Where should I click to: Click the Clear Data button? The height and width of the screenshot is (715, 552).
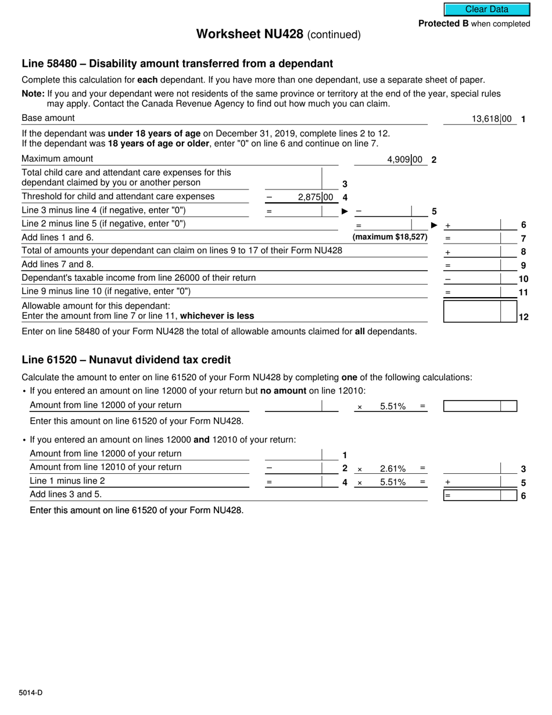(x=487, y=9)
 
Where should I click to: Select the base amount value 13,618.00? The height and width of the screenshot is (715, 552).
(x=492, y=119)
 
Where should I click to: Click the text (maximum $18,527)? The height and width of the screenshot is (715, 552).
(x=390, y=237)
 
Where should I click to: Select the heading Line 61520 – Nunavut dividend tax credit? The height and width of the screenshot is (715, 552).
(x=126, y=360)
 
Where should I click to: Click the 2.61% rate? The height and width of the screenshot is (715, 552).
(x=393, y=469)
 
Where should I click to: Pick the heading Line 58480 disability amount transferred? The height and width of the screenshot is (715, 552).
(x=177, y=64)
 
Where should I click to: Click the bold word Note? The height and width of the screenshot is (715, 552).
(x=33, y=94)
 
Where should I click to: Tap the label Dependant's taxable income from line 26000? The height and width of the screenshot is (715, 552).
(x=138, y=278)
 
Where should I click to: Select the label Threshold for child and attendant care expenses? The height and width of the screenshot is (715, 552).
(x=118, y=196)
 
